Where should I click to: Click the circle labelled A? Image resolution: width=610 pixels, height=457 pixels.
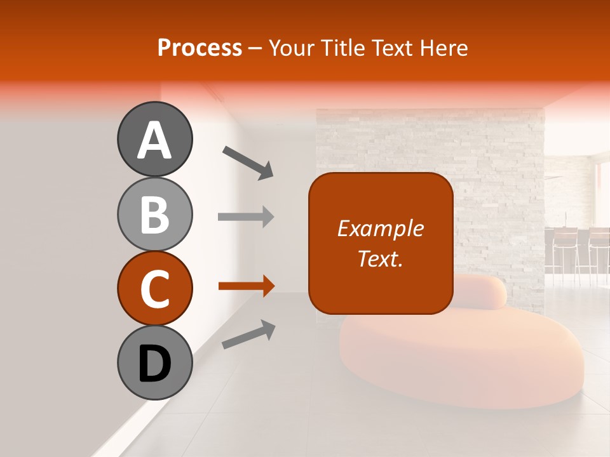coord(154,139)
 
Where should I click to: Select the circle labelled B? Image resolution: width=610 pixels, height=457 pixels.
coord(154,214)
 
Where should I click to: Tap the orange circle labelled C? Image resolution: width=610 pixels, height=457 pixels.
coord(154,288)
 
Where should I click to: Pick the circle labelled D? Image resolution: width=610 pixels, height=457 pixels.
coord(154,362)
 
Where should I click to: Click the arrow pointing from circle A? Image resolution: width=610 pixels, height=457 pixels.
coord(248,162)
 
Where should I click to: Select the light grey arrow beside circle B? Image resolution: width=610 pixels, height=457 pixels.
coord(246,217)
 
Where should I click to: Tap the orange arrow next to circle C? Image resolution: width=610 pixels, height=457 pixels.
coord(246,286)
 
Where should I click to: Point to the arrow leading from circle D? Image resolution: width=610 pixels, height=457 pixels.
coord(248,334)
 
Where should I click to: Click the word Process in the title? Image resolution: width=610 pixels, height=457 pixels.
coord(200,48)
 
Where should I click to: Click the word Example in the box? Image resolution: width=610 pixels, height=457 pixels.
coord(381,228)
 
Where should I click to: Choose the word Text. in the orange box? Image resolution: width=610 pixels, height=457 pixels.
coord(381,258)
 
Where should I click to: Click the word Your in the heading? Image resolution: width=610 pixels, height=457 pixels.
coord(292,48)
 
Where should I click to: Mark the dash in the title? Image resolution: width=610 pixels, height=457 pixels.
coord(255,48)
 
